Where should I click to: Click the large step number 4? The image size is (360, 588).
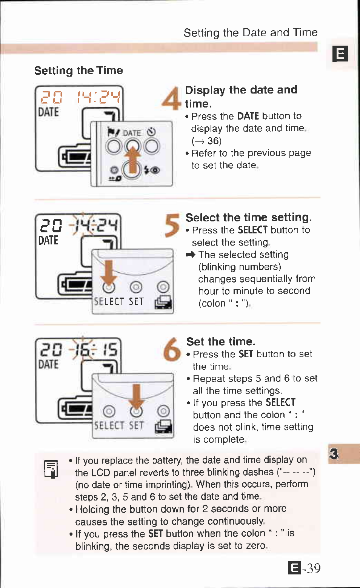click(172, 98)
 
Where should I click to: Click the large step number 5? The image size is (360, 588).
click(172, 225)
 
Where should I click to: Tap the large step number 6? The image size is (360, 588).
click(172, 349)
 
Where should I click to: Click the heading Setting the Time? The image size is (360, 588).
click(78, 71)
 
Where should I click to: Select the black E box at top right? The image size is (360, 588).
click(340, 54)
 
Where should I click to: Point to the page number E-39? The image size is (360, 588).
click(304, 568)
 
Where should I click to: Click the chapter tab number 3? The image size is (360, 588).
click(334, 453)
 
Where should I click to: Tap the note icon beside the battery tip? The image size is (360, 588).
click(51, 469)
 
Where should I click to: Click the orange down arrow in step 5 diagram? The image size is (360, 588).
click(109, 273)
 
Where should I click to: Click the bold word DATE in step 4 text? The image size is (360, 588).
click(248, 116)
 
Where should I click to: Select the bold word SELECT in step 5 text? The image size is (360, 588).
click(253, 230)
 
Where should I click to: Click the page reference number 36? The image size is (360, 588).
click(214, 141)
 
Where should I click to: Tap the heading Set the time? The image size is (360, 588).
click(221, 342)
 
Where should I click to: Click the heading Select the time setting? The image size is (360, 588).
click(248, 218)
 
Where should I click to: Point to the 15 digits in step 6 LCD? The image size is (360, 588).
click(111, 350)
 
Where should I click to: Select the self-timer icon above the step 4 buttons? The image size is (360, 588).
click(151, 132)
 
